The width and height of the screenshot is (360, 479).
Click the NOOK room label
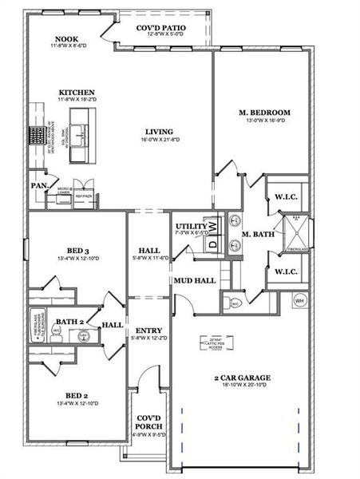(x=65, y=40)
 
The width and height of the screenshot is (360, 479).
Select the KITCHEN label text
(x=77, y=93)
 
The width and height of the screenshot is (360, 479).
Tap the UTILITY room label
(x=191, y=227)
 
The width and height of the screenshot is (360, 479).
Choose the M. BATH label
(x=259, y=234)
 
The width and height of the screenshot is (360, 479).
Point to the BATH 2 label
(x=69, y=322)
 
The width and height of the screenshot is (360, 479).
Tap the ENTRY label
(x=149, y=331)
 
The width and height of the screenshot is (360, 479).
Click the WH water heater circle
(x=300, y=300)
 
